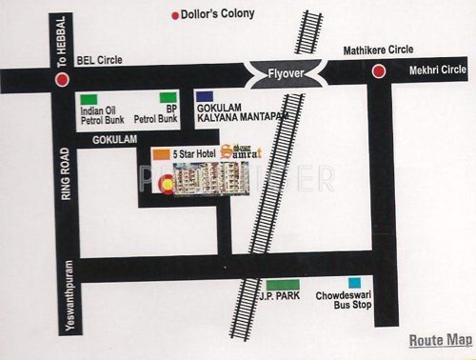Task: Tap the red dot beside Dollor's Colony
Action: [x=174, y=15]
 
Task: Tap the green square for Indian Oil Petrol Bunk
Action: [x=88, y=99]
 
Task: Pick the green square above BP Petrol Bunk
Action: [x=168, y=97]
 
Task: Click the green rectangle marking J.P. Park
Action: [x=284, y=285]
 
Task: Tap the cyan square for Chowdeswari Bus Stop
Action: [x=354, y=283]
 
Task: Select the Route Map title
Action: [x=440, y=340]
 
